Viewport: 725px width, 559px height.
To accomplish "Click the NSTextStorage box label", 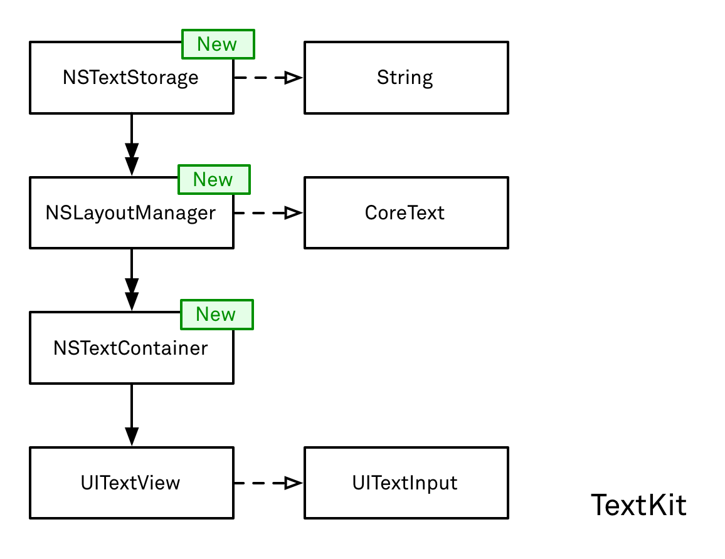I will [x=130, y=78].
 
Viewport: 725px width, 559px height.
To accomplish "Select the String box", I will [x=406, y=78].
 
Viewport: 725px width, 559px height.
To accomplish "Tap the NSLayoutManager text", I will [x=130, y=213].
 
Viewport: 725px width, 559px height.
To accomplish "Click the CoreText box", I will [x=406, y=213].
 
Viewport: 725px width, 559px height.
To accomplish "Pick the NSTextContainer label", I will [x=130, y=348].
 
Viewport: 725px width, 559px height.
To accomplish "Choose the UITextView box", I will [x=130, y=483].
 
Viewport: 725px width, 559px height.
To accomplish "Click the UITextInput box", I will [x=406, y=483].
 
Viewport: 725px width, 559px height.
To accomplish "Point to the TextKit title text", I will [x=638, y=505].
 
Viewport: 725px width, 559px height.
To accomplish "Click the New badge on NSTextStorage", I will [x=218, y=44].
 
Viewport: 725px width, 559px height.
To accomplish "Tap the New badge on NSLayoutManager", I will [x=214, y=179].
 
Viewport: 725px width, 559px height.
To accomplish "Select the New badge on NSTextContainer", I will [x=216, y=314].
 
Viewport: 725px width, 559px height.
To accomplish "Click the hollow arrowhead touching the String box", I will [x=293, y=78].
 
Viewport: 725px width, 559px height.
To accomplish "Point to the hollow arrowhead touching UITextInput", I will [x=293, y=483].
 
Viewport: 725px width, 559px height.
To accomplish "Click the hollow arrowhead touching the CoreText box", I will [x=293, y=213].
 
